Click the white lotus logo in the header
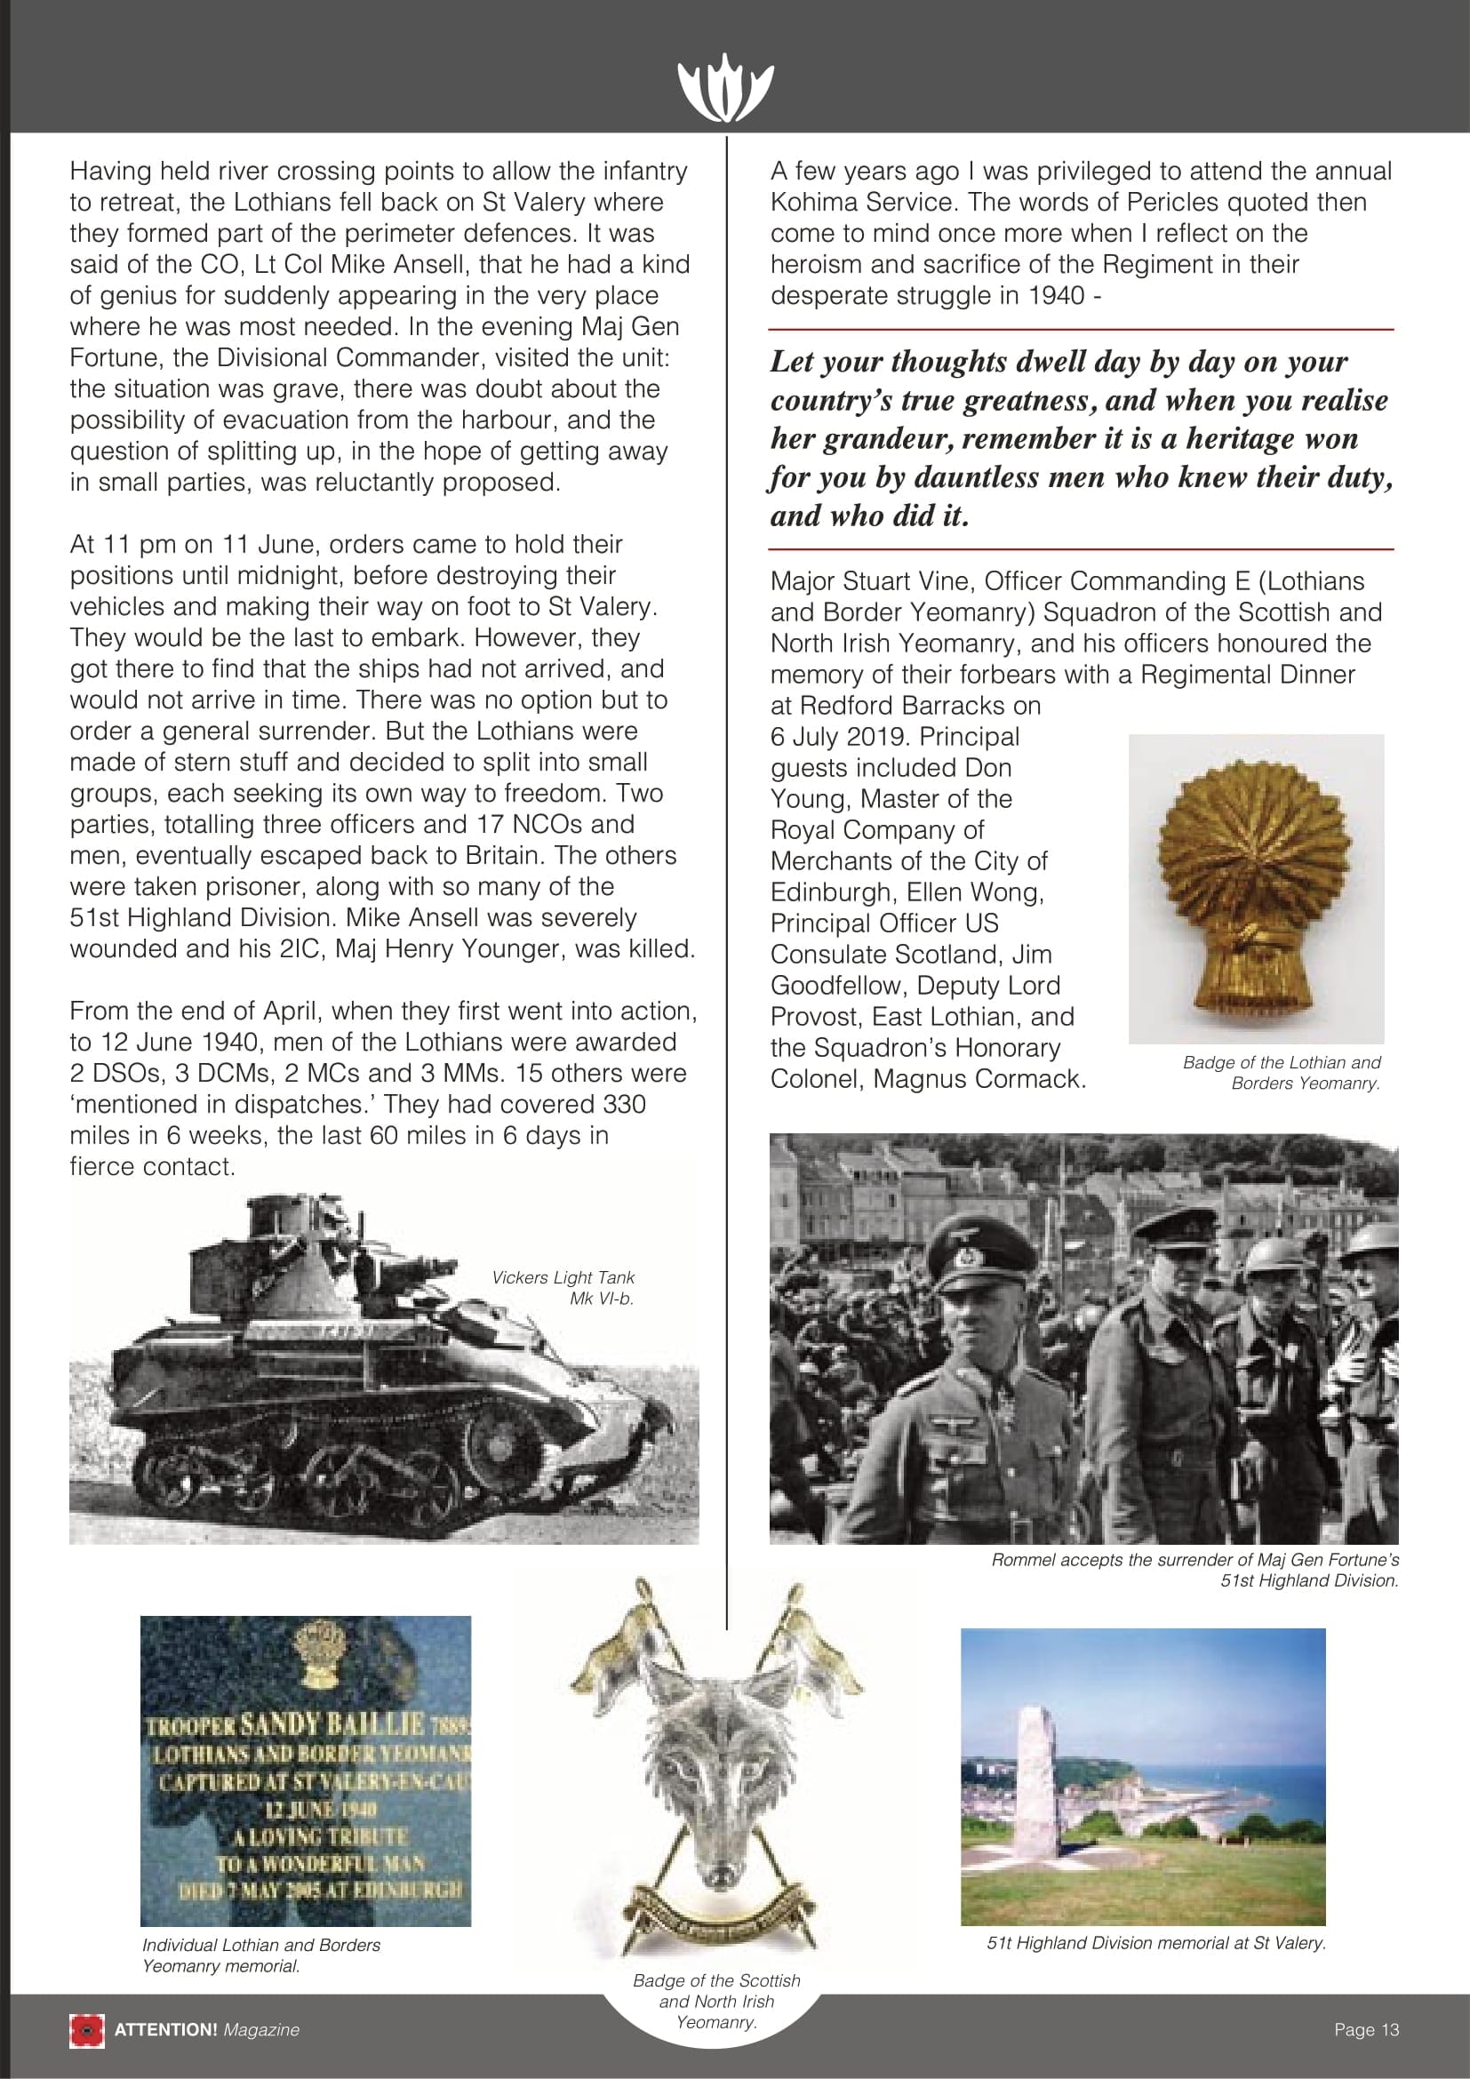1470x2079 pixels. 725,88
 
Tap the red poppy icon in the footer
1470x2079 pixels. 87,2029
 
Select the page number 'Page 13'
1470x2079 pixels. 1366,2029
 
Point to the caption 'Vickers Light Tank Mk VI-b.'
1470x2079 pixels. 563,1287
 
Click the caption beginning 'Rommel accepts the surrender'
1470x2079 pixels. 1194,1569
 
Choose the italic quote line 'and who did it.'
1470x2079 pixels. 869,516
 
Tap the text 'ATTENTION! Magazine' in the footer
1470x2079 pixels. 206,2029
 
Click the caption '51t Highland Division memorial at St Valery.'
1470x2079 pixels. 1156,1941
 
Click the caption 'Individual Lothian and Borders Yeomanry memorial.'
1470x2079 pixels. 260,1954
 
